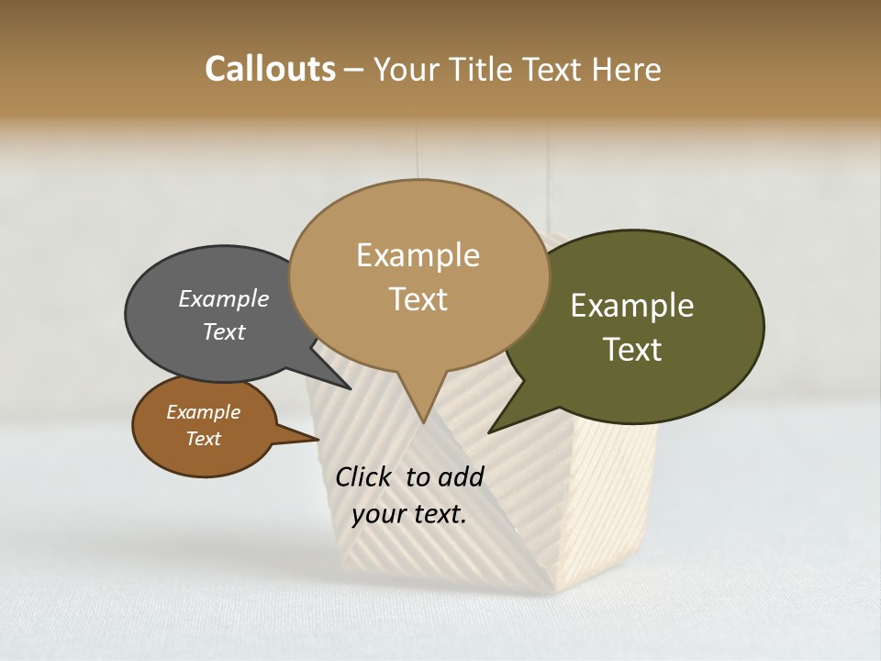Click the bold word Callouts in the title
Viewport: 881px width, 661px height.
coord(270,69)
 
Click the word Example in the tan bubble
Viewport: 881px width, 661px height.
coord(418,255)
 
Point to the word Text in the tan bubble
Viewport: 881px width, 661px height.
coord(418,299)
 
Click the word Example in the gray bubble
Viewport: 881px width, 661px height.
coord(224,299)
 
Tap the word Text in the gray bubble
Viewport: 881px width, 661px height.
coord(224,332)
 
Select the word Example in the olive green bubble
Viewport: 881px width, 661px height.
coord(632,306)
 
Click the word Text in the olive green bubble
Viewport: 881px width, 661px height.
coord(632,350)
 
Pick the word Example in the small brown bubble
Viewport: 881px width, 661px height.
coord(203,413)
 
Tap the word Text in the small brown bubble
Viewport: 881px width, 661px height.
coord(203,439)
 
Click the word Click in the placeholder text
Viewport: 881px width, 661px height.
coord(364,476)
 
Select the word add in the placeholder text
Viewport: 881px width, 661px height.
coord(461,476)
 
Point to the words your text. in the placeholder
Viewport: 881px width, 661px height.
coord(409,514)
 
